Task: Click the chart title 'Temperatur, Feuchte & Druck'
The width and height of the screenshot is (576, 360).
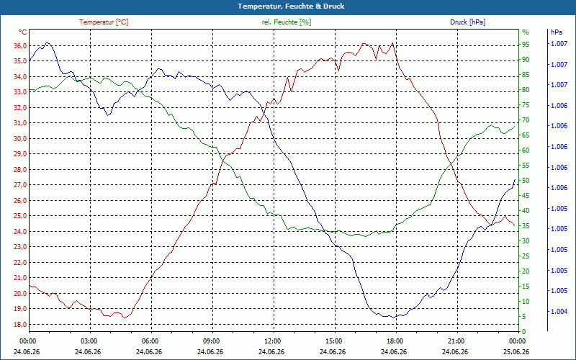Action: point(291,6)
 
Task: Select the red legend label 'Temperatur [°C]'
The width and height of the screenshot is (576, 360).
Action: point(104,22)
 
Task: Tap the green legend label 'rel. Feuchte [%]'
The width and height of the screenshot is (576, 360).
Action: point(286,22)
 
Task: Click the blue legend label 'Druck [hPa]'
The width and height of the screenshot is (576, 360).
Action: point(467,22)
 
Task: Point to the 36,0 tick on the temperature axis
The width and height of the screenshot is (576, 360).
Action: point(20,45)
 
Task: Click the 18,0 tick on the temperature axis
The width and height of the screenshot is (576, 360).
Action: point(20,325)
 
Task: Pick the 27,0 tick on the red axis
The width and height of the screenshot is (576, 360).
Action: point(20,185)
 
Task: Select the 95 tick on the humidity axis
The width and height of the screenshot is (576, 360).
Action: point(526,45)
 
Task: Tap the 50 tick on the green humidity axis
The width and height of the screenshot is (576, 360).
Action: point(526,181)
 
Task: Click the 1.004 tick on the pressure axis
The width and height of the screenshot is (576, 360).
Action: point(559,312)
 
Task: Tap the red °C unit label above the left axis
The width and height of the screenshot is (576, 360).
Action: point(23,32)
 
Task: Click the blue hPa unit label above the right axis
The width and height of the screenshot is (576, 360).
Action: point(557,32)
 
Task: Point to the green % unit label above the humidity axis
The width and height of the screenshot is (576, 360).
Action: point(526,32)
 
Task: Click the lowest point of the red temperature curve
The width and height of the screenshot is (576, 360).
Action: point(125,318)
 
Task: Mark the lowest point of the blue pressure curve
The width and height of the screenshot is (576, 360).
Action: point(393,318)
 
